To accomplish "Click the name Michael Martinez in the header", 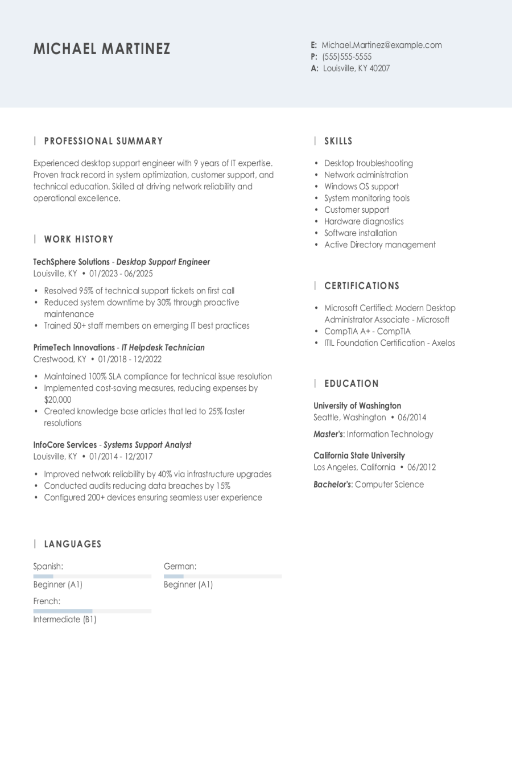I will click(x=102, y=49).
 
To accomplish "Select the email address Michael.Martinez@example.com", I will click(x=381, y=45).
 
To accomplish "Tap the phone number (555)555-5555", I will click(x=346, y=57).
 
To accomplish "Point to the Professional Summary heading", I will click(x=104, y=141).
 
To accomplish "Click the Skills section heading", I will click(x=338, y=141).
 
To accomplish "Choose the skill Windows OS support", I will click(x=361, y=187).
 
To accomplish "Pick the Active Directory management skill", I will click(x=379, y=245).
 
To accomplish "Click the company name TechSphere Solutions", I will click(x=71, y=262).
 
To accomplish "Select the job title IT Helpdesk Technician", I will click(x=163, y=348).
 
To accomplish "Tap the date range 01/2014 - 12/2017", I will click(x=121, y=456).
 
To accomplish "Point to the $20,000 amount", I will click(x=57, y=400).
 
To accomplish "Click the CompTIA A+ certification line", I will click(x=367, y=331).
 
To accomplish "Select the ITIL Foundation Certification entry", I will click(x=389, y=343).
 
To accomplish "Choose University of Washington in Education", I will click(x=357, y=406).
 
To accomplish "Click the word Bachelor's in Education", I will click(x=332, y=485).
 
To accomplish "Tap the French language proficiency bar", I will click(x=92, y=611).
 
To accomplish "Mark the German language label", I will click(x=180, y=567).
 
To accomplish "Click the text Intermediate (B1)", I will click(x=65, y=620).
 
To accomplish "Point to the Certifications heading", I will click(x=362, y=286).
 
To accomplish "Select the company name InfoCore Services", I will click(x=65, y=445).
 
